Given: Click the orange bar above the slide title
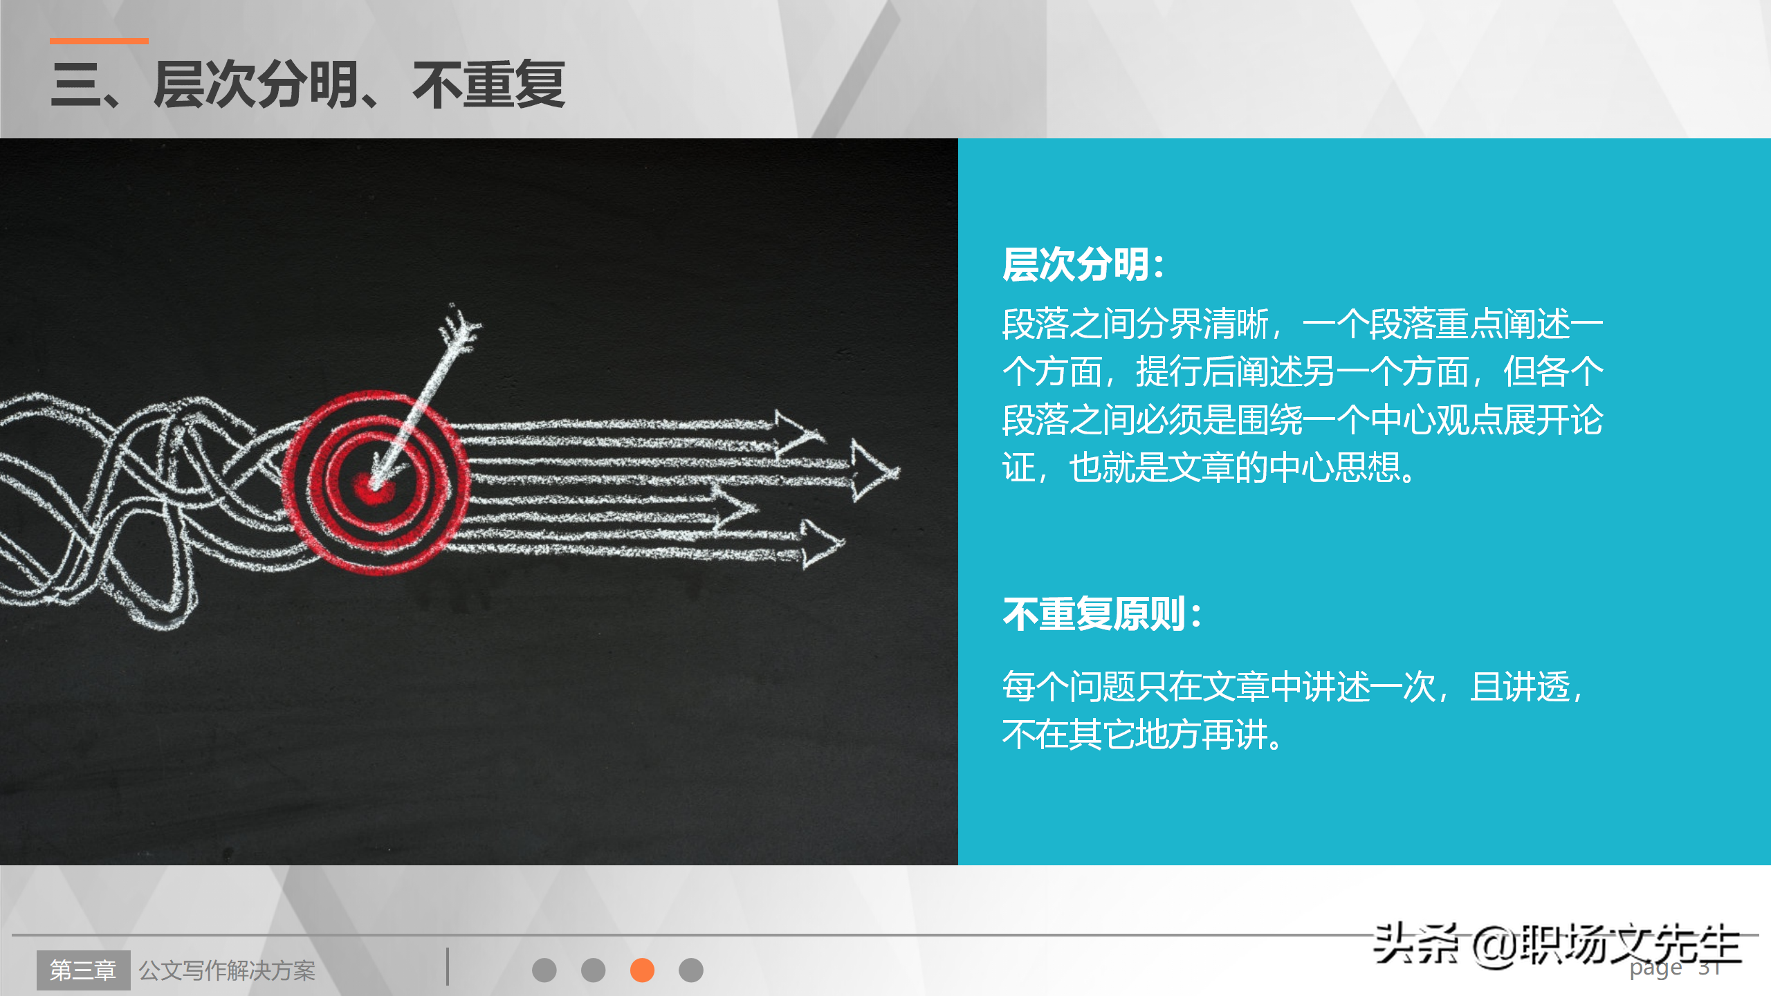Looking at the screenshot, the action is pyautogui.click(x=99, y=41).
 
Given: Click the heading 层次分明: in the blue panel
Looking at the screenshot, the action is pyautogui.click(x=1084, y=265).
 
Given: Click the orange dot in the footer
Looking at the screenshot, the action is pyautogui.click(x=642, y=970).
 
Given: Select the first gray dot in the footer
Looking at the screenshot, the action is pyautogui.click(x=544, y=970).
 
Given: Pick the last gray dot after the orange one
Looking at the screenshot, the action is pyautogui.click(x=691, y=970).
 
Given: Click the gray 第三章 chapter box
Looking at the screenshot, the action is pyautogui.click(x=84, y=970).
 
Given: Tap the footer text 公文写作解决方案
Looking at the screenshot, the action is pyautogui.click(x=227, y=970).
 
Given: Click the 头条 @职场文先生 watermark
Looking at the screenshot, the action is pyautogui.click(x=1557, y=945).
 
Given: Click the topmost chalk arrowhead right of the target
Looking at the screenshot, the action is pyautogui.click(x=799, y=432).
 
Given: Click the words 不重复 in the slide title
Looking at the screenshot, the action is pyautogui.click(x=489, y=85).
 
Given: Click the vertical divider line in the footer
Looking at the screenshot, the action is pyautogui.click(x=448, y=966).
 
